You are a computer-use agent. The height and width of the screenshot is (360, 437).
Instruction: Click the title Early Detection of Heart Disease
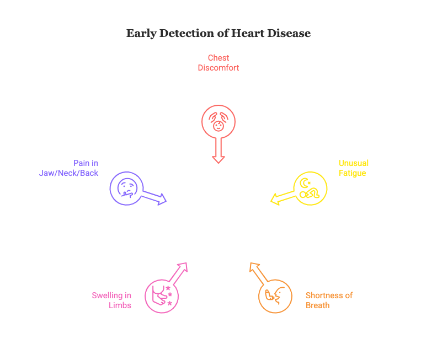[218, 34]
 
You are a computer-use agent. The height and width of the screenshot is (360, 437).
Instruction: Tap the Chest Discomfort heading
[218, 63]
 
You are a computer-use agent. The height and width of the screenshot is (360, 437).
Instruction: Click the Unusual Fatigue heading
[353, 168]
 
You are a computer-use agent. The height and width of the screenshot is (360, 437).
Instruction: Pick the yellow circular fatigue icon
[310, 189]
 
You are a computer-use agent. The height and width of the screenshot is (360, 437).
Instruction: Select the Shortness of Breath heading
[329, 300]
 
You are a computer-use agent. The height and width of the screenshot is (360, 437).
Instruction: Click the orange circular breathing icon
[275, 297]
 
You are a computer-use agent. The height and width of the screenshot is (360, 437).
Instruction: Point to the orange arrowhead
[254, 268]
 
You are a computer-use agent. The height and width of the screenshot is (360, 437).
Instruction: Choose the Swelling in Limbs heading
[112, 300]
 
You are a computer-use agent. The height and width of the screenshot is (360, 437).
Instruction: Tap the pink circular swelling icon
[162, 295]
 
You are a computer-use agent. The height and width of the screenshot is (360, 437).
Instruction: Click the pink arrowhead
[183, 267]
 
